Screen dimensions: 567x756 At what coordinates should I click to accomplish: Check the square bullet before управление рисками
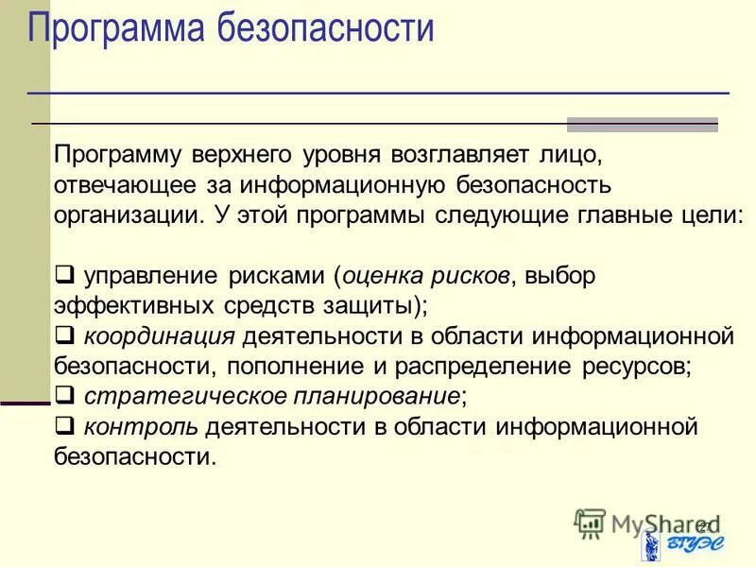pos(65,276)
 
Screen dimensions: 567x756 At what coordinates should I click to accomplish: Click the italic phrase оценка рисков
pos(425,276)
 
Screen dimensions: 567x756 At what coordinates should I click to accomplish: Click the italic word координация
pos(159,335)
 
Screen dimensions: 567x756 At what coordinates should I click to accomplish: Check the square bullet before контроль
pos(65,425)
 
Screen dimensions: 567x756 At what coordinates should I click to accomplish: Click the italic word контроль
pos(141,426)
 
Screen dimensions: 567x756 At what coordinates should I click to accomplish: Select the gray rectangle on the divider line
pos(642,124)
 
